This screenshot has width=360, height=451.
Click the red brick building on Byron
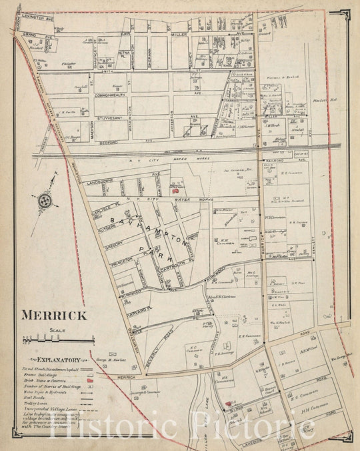(x=228, y=404)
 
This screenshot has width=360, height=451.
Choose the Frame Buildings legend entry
(x=52, y=374)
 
